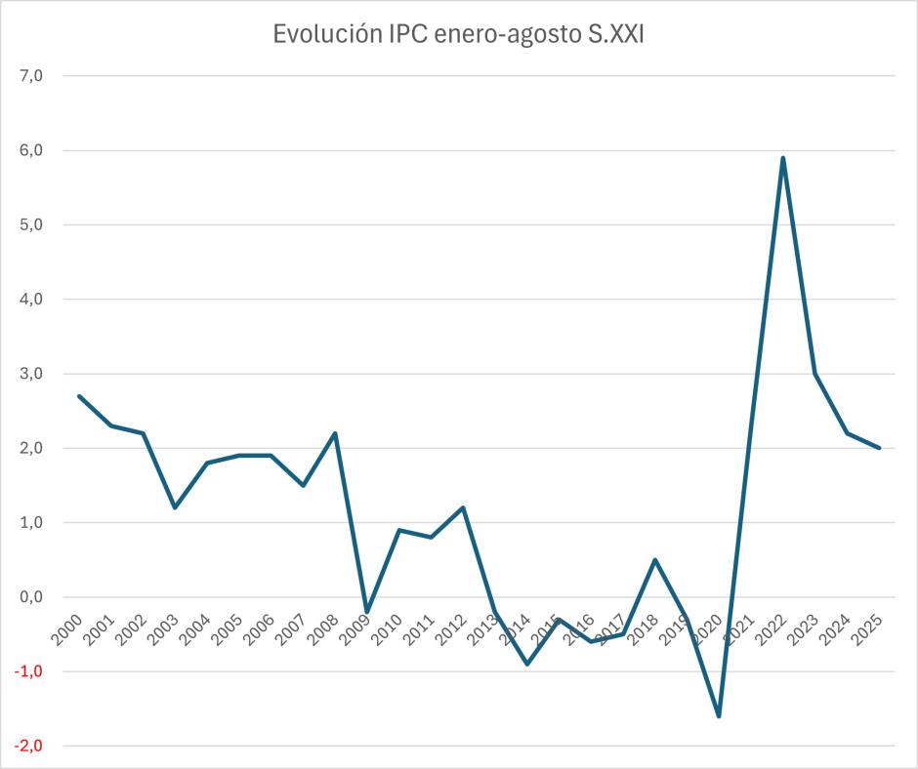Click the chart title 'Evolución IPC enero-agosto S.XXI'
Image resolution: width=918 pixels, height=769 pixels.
click(x=458, y=35)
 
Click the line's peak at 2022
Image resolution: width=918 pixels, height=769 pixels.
click(x=783, y=158)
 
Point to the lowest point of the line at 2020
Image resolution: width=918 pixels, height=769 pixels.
click(x=719, y=716)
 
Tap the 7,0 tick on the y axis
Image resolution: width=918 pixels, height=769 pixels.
click(x=32, y=76)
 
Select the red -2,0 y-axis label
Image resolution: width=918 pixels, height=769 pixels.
click(x=29, y=746)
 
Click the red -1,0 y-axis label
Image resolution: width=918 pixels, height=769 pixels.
click(x=29, y=671)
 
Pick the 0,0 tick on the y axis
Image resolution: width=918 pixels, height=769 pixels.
click(x=32, y=597)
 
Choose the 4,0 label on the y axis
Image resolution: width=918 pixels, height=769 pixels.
click(x=32, y=300)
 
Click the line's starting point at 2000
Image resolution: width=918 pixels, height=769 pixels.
click(x=79, y=396)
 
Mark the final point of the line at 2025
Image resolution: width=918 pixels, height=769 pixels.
click(x=879, y=448)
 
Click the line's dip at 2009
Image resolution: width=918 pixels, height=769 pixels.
click(x=367, y=612)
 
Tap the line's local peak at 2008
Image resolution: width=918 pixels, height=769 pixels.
click(x=335, y=433)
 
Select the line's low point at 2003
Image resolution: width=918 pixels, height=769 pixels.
click(x=175, y=507)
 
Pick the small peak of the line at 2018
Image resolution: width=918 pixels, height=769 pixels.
click(x=655, y=560)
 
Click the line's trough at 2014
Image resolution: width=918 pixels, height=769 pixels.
click(x=527, y=664)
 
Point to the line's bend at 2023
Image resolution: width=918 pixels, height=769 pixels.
click(x=815, y=374)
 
